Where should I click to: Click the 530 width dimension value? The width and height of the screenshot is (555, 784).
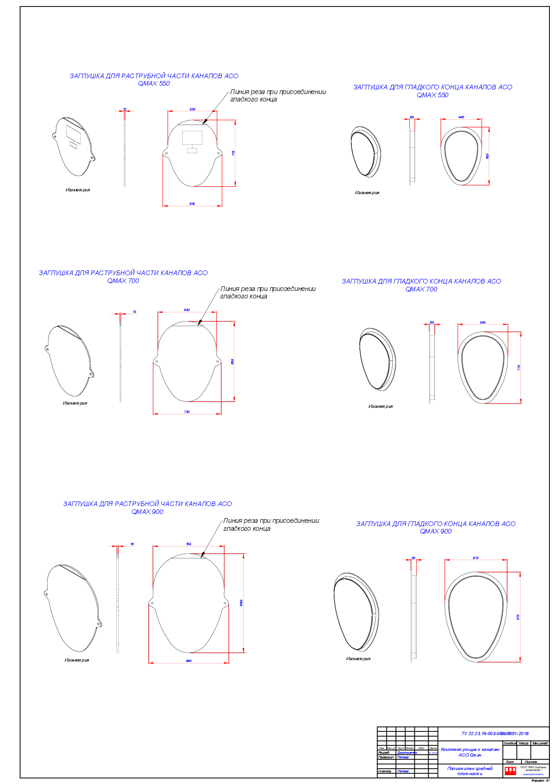click(192, 109)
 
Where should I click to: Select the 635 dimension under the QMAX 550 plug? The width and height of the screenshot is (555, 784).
click(192, 204)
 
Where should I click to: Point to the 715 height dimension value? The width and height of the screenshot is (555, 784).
click(233, 153)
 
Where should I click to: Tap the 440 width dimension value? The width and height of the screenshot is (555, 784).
click(461, 117)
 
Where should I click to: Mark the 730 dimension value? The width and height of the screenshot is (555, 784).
click(187, 412)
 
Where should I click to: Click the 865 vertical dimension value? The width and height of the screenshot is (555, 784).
click(233, 361)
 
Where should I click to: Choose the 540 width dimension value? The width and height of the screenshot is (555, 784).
click(483, 323)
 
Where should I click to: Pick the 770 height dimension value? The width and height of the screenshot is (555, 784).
click(519, 367)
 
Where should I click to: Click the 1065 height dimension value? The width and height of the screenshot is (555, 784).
click(241, 603)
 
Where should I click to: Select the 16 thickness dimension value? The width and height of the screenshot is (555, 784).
click(132, 544)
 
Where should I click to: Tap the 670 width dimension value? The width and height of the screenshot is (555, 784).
click(476, 558)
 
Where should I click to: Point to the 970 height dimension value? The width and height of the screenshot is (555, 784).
click(518, 617)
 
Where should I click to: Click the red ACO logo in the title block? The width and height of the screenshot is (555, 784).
click(510, 770)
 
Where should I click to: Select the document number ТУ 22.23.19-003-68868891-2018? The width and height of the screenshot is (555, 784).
click(495, 733)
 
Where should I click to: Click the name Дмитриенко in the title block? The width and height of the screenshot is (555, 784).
click(407, 752)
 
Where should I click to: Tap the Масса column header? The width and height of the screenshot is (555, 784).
click(524, 743)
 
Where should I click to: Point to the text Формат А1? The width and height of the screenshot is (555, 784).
click(541, 780)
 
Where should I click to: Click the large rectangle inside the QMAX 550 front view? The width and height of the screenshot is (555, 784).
click(192, 138)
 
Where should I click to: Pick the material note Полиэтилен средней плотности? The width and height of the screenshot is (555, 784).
click(470, 771)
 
